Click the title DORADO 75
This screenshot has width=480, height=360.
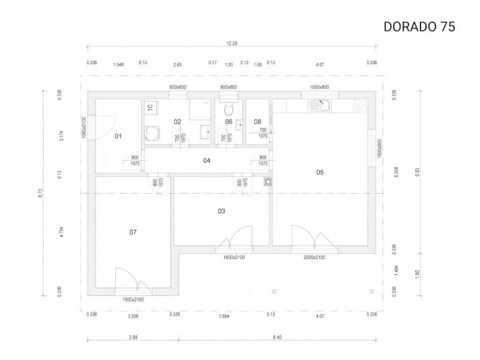pos(419,26)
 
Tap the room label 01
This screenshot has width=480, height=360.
pos(118,136)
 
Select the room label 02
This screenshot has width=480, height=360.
pos(178,121)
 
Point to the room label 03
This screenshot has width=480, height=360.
pos(221,211)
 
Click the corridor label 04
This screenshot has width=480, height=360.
pos(206,160)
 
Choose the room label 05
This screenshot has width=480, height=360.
pos(320,172)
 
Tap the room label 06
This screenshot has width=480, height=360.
pos(229,121)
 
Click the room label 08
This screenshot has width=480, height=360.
pos(257,121)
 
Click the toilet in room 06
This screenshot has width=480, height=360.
pos(227,109)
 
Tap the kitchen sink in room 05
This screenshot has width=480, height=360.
pos(318,106)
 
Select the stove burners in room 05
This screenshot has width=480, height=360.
pos(361,106)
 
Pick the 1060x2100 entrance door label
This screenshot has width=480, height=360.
pos(85,127)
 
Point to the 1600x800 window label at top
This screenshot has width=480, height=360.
pos(320,87)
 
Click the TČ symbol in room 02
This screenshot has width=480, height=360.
pos(151,107)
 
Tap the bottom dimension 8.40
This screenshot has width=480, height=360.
pos(277,337)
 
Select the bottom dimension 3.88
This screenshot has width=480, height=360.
pos(133,337)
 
